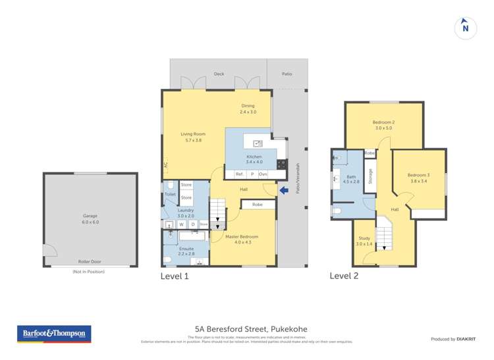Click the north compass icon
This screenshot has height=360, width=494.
(465, 27)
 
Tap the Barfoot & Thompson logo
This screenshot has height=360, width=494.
(53, 334)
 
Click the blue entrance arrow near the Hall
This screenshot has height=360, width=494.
(283, 191)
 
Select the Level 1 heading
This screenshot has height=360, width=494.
(175, 276)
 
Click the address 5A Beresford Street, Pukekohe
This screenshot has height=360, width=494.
(251, 329)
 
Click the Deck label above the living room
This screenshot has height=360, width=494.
(219, 74)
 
